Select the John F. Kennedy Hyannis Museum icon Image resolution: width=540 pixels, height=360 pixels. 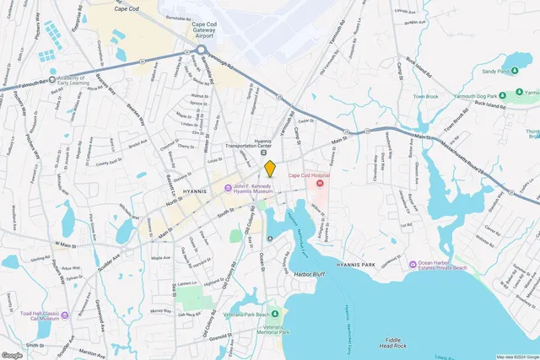coord(228,188)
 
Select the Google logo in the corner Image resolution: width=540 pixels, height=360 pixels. coord(12,355)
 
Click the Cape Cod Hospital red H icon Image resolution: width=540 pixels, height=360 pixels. coord(321,183)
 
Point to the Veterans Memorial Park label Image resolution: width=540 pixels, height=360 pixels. coord(271,330)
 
